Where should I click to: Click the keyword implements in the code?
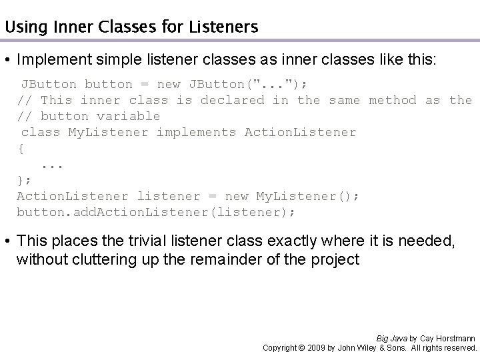click(196, 132)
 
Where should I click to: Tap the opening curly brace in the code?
click(21, 148)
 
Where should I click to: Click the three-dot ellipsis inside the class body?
click(52, 164)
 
